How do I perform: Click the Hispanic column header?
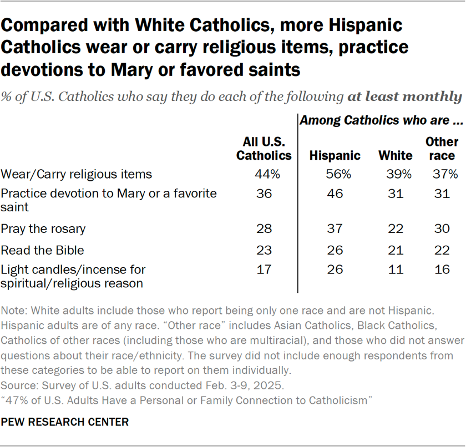click(x=335, y=155)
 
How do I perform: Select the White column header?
click(x=395, y=155)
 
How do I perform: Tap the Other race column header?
click(x=442, y=149)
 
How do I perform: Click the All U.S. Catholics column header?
click(x=264, y=149)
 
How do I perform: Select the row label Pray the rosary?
click(x=43, y=228)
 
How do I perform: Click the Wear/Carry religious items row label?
click(x=77, y=174)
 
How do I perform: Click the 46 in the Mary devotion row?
click(x=335, y=194)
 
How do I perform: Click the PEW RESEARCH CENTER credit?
click(x=65, y=422)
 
